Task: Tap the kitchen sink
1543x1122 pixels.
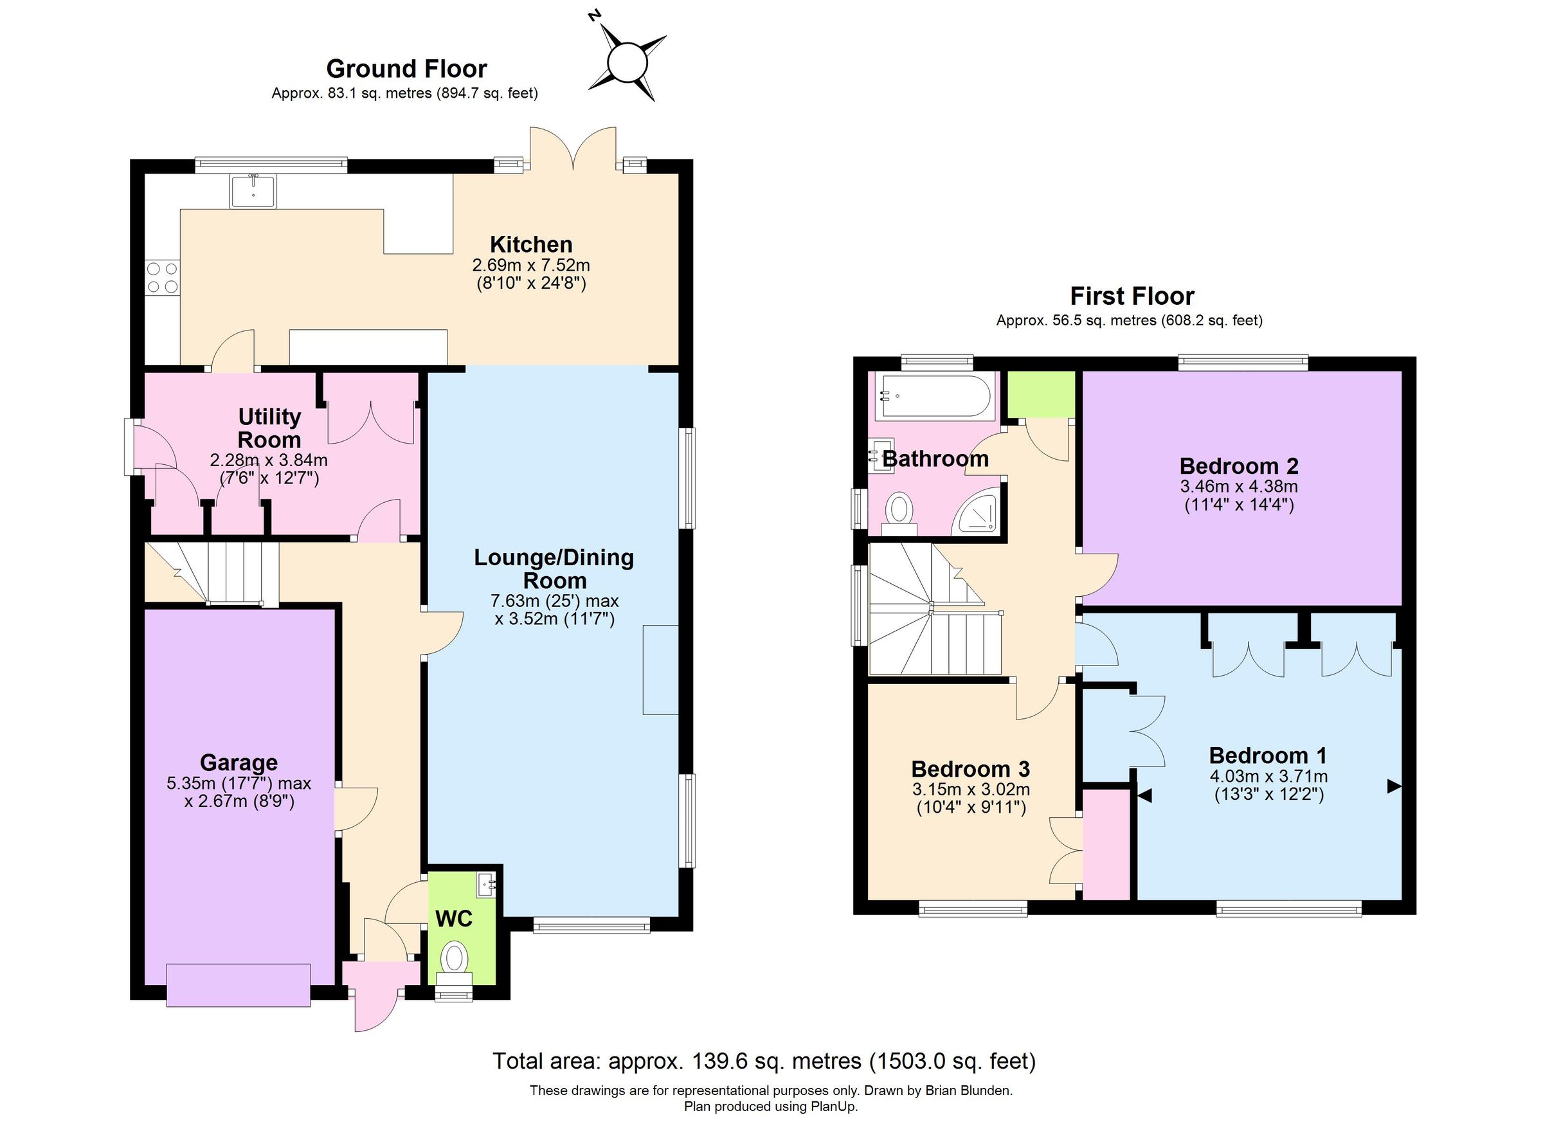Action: coord(253,191)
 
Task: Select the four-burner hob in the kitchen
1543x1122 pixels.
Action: coord(162,277)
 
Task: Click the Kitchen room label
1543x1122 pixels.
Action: coord(530,244)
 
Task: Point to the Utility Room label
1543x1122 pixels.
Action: coord(269,428)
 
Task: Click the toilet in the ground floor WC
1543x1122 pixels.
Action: coord(455,960)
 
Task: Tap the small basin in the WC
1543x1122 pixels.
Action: coord(487,885)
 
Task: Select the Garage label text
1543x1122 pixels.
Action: coord(238,762)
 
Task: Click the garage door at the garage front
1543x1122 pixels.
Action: coord(238,984)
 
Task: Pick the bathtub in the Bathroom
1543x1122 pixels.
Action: coord(935,396)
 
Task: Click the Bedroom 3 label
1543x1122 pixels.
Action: coord(970,769)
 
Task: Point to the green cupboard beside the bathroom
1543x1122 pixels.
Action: coord(1040,395)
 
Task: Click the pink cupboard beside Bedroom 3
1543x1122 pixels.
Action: coord(1106,844)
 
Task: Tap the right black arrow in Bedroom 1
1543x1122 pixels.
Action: coord(1394,786)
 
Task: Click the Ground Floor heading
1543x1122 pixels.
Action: coord(406,69)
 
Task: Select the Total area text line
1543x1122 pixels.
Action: coord(763,1062)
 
